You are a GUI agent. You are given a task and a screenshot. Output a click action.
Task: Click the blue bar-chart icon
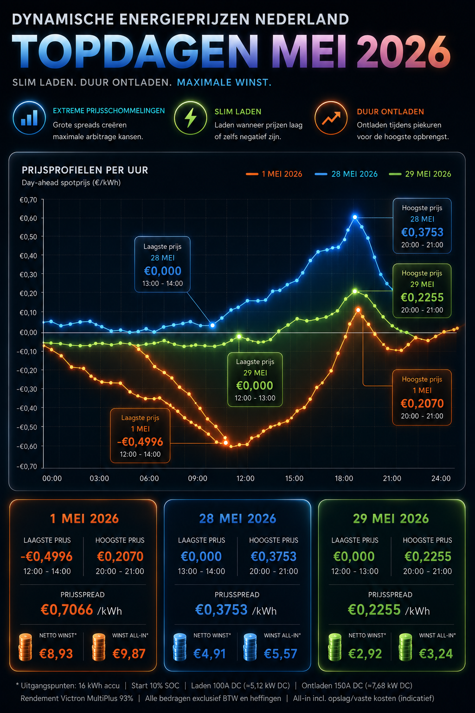tap(29, 118)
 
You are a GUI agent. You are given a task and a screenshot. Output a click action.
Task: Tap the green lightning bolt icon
tap(191, 118)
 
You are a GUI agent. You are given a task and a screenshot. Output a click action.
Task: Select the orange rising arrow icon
tap(331, 118)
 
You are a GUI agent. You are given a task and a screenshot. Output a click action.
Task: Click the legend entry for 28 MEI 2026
tap(346, 174)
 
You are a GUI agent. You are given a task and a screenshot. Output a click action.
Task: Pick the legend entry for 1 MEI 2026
tap(274, 174)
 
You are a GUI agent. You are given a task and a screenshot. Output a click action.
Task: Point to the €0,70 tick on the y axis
tap(28, 200)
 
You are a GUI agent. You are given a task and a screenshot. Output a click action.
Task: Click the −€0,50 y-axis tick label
tap(27, 427)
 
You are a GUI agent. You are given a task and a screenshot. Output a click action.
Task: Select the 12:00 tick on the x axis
tap(245, 479)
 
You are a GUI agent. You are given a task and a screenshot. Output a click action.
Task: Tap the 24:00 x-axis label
tap(441, 479)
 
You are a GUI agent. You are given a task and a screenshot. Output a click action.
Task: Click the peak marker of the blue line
tap(355, 217)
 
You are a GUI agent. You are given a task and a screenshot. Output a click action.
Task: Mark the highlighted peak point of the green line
tap(355, 291)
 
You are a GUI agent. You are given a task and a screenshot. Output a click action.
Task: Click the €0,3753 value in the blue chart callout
tap(422, 233)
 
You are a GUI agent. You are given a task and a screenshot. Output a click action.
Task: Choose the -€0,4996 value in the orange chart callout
tap(140, 442)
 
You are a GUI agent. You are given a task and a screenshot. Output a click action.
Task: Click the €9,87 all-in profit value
tap(129, 654)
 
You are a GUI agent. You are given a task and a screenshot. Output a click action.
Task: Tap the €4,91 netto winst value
tap(210, 654)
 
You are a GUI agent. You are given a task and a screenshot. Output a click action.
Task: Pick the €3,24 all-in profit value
tap(436, 654)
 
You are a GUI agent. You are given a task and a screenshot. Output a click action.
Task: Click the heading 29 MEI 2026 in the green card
tap(391, 519)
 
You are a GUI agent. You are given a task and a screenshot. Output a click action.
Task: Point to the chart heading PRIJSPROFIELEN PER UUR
tap(85, 170)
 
